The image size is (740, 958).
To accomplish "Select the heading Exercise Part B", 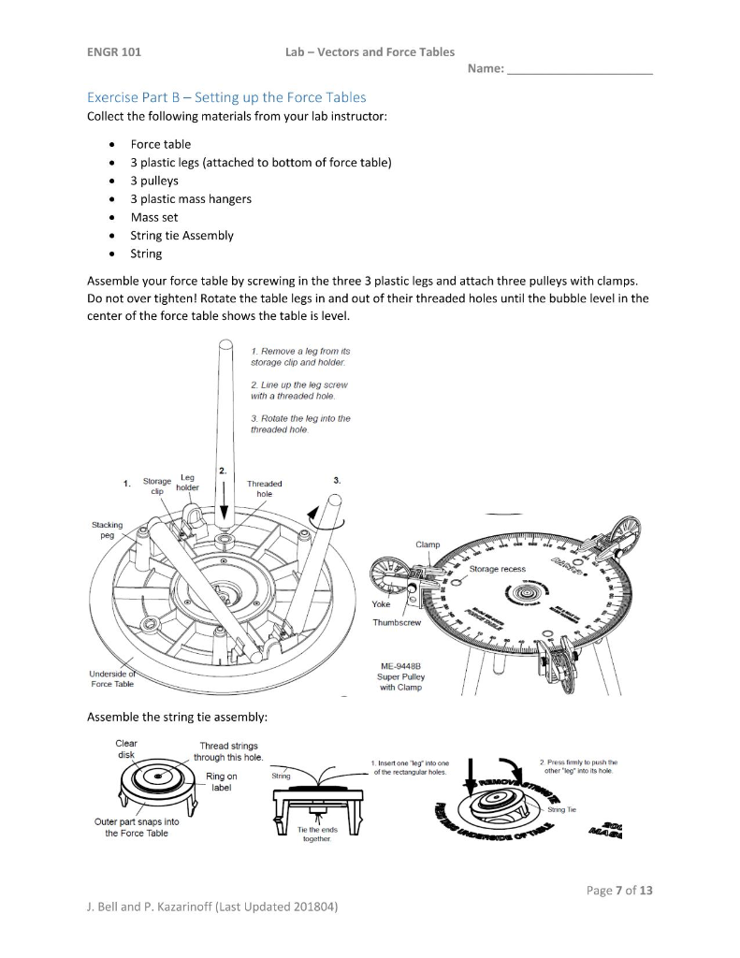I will pos(225,97).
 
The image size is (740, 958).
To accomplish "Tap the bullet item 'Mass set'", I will pos(153,217).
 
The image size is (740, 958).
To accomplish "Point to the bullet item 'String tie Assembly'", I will pos(181,236).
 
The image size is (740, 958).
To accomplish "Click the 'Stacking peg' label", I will pos(106,530).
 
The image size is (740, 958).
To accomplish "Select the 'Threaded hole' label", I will pos(264,488).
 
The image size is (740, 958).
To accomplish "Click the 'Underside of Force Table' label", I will pos(111,678).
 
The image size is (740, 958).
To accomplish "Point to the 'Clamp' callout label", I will pos(428,544).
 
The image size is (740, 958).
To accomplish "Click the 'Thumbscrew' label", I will pos(398,622).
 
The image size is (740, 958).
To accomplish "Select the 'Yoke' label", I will pos(381,603).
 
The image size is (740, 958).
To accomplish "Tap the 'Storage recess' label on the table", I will pos(497,569).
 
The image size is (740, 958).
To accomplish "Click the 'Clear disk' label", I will pos(126,750).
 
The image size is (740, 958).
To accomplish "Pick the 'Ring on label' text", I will pos(221,782).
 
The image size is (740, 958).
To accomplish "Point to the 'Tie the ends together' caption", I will pos(315,835).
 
